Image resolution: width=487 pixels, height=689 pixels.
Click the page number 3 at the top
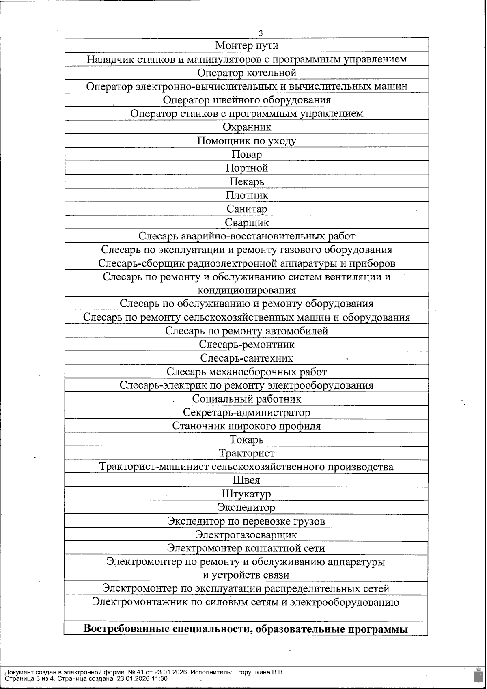(x=261, y=33)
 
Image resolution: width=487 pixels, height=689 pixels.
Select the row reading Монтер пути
(x=246, y=45)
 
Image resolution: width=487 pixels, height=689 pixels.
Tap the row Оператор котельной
(x=247, y=73)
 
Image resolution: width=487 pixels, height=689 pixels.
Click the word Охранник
(x=247, y=127)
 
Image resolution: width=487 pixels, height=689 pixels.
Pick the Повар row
(x=247, y=154)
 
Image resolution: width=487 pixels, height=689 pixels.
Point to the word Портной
(x=247, y=168)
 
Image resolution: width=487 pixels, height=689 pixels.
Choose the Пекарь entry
(x=247, y=181)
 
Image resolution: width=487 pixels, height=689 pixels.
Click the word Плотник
(x=247, y=195)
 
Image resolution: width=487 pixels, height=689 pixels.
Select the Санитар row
(x=247, y=209)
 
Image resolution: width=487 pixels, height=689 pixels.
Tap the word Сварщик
(x=247, y=222)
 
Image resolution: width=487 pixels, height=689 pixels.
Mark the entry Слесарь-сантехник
(x=247, y=358)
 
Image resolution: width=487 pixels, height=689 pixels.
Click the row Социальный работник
(x=247, y=399)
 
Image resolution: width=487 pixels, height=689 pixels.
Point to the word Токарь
(x=246, y=439)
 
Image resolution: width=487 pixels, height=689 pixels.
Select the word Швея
(x=246, y=480)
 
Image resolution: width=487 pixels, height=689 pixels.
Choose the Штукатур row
(x=246, y=494)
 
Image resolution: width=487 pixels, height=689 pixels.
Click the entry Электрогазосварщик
(x=246, y=535)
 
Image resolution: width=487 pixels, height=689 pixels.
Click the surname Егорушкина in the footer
(x=252, y=672)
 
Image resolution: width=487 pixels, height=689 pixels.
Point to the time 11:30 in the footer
(x=159, y=678)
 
